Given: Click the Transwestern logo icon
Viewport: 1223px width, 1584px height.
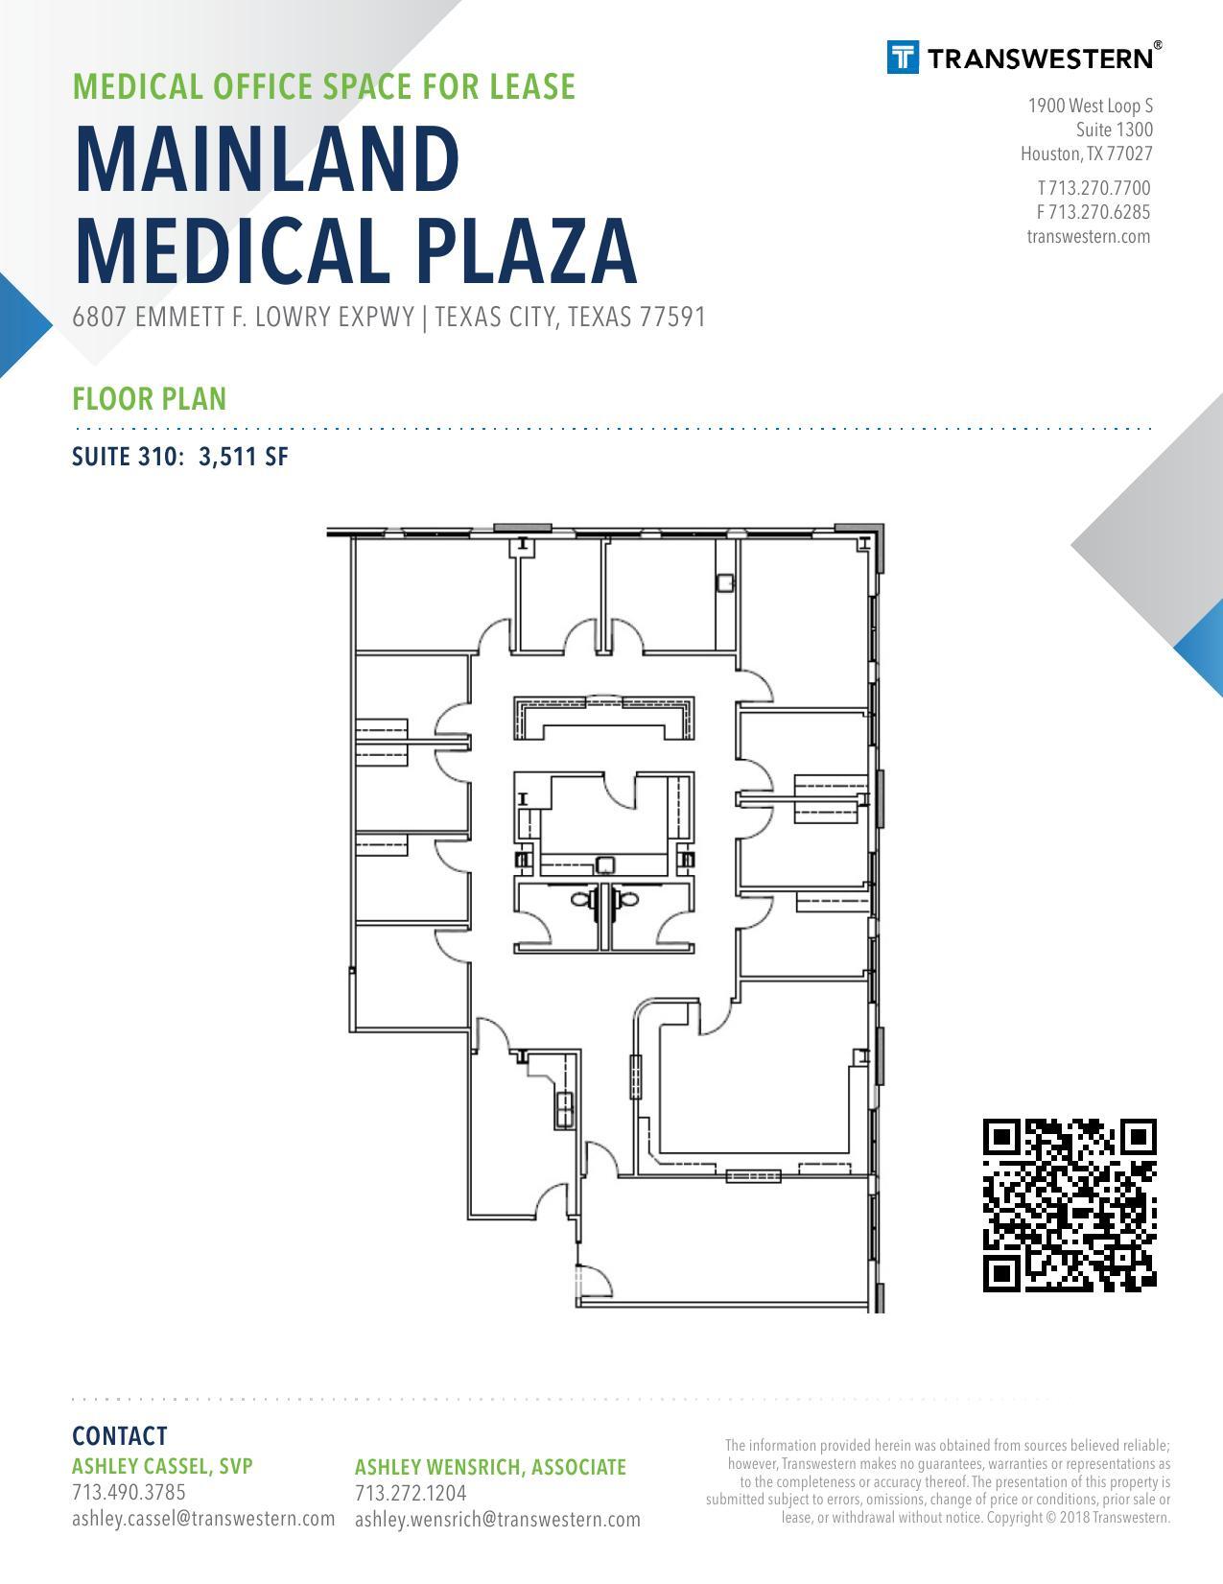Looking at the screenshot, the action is click(903, 57).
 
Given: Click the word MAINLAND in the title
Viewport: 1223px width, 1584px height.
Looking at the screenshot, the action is click(268, 159).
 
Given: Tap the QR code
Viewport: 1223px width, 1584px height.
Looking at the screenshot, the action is click(1070, 1205).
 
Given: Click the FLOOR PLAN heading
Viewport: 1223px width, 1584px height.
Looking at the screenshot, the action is click(150, 399).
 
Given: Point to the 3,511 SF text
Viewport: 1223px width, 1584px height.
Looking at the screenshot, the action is click(244, 457).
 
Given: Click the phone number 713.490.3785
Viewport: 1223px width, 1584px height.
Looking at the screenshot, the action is click(129, 1492).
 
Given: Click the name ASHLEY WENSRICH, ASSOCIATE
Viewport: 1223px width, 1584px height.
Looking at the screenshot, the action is click(490, 1467).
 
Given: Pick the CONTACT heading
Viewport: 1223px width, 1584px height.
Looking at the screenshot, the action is click(120, 1436).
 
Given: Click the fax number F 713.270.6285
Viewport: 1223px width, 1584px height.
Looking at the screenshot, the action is click(1094, 212).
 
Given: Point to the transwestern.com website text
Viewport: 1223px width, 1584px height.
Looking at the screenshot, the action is click(1089, 236).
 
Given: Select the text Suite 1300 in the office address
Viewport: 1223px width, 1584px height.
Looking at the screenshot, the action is click(1115, 130).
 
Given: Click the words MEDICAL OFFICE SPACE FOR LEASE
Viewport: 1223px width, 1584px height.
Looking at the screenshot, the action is click(324, 86).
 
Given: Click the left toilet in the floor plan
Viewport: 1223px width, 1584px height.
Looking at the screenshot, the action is click(582, 899).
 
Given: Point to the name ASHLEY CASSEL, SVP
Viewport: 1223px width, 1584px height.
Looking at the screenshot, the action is click(162, 1466).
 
